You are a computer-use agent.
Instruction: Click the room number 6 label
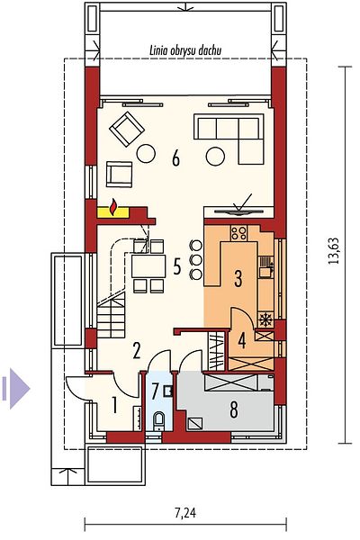176,158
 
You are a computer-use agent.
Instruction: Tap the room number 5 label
176,266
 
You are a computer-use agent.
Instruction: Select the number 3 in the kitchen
238,279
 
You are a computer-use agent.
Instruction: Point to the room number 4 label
242,340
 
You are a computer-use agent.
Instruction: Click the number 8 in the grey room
234,409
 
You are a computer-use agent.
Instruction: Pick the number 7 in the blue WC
155,391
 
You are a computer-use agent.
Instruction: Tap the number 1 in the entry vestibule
114,405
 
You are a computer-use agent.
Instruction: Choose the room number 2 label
137,351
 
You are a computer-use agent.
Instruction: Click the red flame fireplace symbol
112,207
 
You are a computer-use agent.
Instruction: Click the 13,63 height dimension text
334,251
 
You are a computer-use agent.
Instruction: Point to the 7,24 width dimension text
185,513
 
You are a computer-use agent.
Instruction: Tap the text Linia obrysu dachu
185,51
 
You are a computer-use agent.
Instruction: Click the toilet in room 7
158,420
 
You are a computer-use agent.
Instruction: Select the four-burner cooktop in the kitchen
238,233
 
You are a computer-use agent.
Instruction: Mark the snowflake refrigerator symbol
265,319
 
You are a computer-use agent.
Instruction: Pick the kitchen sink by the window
266,267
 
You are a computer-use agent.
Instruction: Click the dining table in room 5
148,265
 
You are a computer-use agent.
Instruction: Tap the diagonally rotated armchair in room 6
126,129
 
